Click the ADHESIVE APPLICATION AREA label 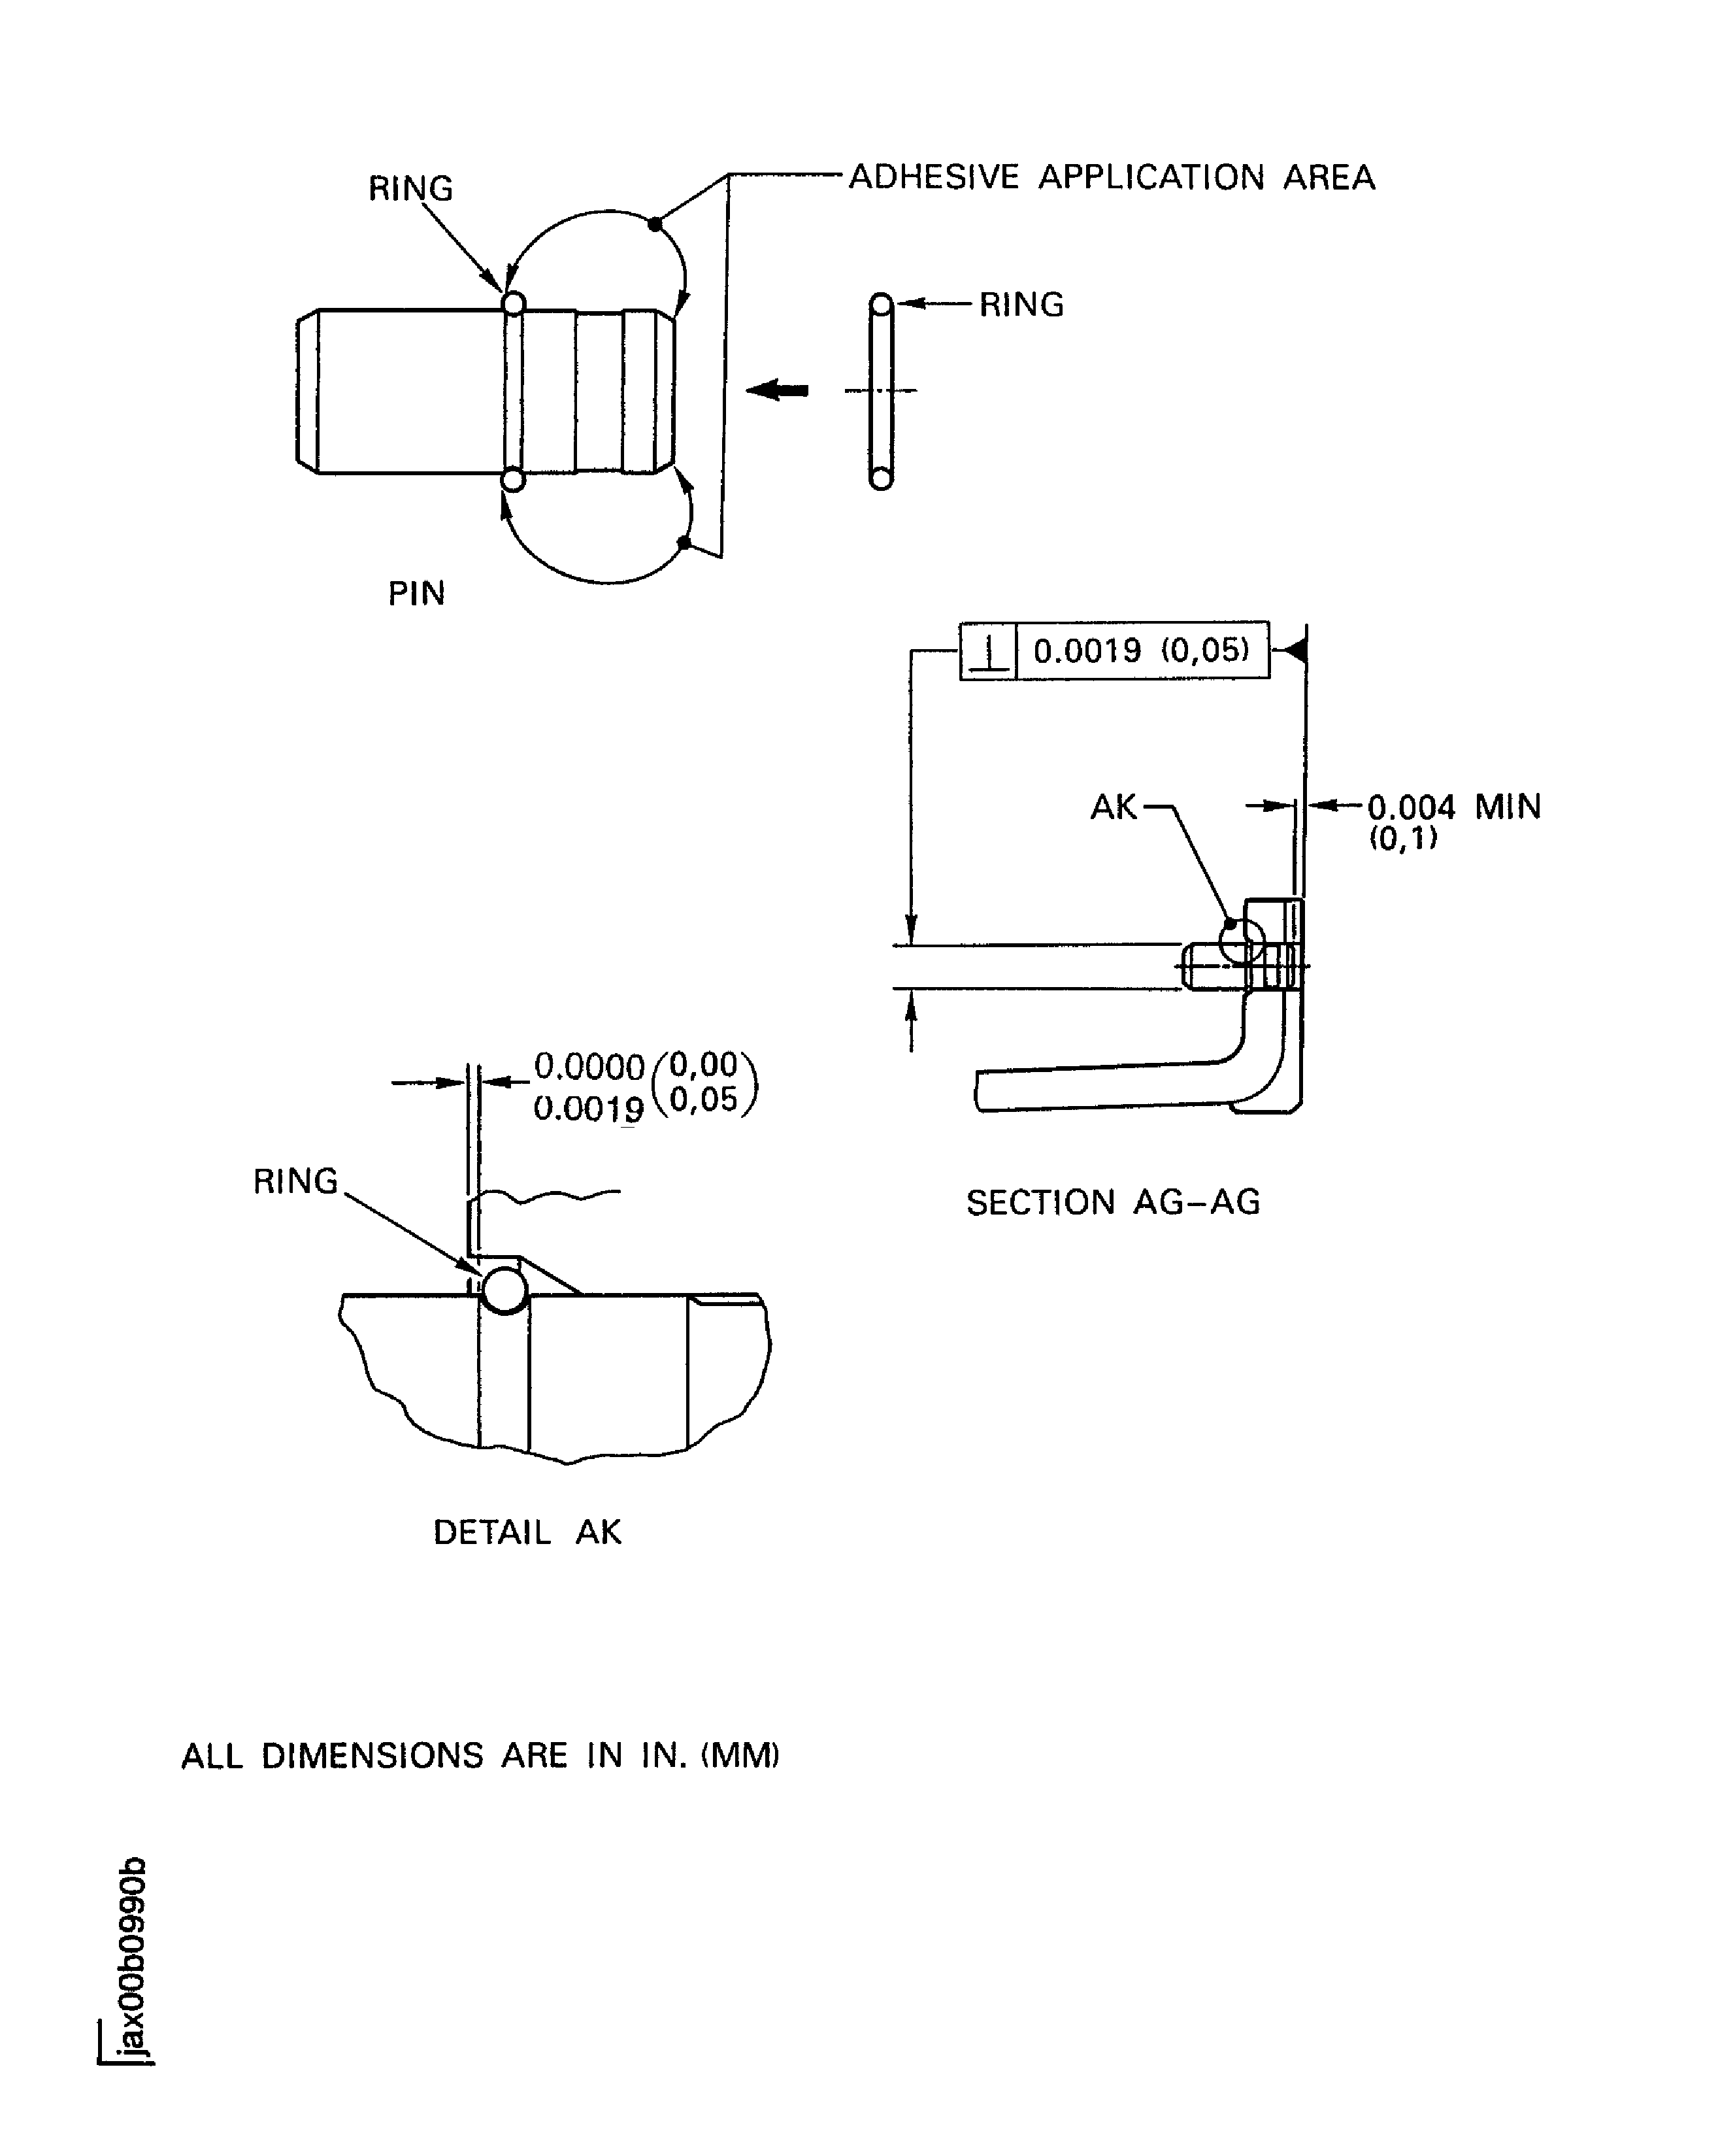point(1112,177)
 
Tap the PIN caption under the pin point(416,593)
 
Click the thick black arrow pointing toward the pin point(776,390)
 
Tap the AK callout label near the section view point(1114,807)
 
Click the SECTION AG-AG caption point(1112,1201)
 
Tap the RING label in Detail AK point(296,1181)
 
